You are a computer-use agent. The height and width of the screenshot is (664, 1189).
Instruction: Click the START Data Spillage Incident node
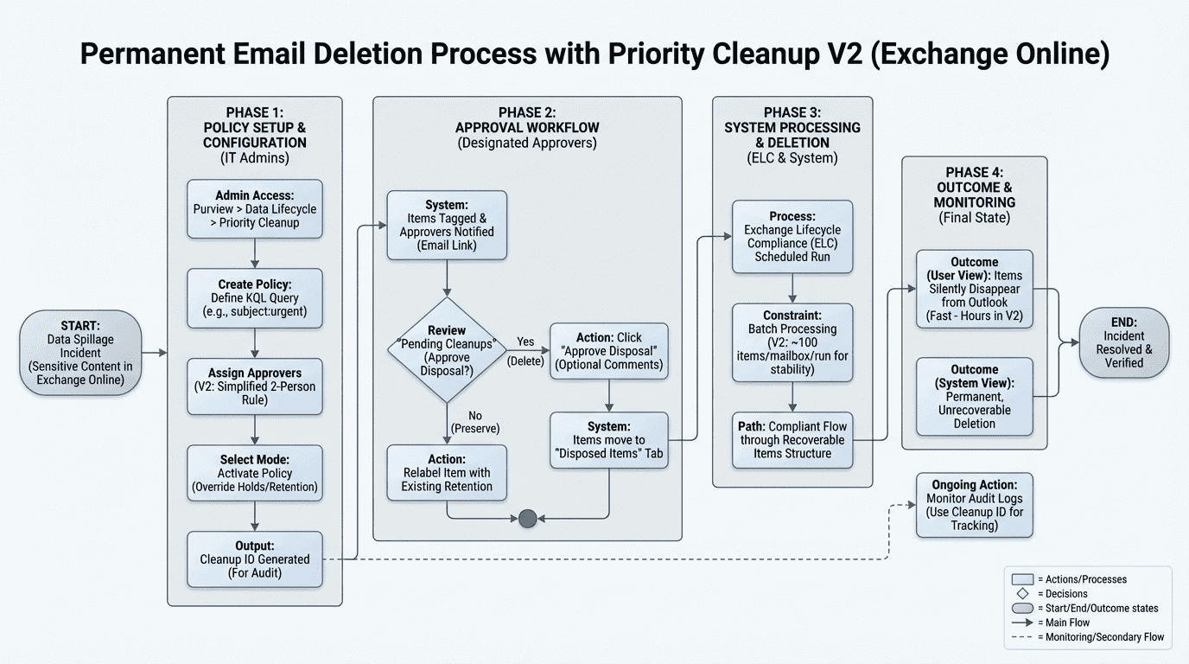coord(80,353)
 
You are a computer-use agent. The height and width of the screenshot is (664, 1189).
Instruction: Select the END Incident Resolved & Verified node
coord(1123,342)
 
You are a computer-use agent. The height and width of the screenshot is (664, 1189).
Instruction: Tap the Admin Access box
coord(255,209)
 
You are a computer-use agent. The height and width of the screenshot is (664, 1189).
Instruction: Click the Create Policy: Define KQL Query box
coord(255,298)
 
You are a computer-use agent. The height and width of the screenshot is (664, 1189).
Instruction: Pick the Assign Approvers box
coord(255,386)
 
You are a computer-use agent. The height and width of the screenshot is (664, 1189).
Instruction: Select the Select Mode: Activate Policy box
coord(255,473)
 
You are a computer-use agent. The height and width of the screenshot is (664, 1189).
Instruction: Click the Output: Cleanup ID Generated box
coord(255,559)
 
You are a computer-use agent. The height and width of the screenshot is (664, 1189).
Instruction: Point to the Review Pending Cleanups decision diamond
coord(447,349)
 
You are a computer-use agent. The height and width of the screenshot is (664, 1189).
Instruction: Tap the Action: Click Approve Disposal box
coord(609,351)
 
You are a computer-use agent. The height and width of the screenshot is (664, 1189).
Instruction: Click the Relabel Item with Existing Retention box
coord(447,472)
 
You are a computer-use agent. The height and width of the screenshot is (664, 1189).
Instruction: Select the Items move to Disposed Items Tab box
coord(609,440)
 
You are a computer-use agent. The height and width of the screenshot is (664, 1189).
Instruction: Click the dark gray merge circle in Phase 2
coord(527,519)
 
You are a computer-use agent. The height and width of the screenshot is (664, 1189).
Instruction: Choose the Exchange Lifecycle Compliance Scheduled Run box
coord(792,237)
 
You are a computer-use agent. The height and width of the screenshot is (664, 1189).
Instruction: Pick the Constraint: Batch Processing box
coord(792,342)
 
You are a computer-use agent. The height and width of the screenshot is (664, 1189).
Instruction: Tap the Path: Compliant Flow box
coord(792,440)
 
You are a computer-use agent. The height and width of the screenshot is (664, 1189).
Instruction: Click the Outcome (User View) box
coord(974,289)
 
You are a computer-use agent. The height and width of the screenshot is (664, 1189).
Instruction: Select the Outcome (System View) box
coord(974,396)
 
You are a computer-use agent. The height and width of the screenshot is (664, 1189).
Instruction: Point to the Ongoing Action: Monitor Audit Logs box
coord(974,505)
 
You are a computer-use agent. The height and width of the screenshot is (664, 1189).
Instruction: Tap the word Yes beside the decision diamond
coord(525,342)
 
